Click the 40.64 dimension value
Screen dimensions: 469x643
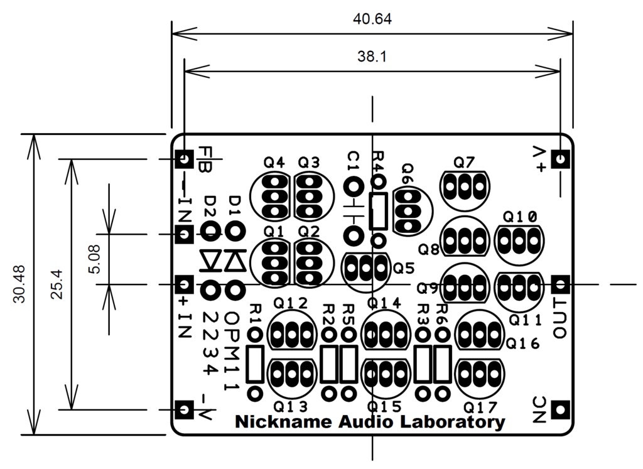point(372,19)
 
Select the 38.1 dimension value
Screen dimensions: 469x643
point(372,57)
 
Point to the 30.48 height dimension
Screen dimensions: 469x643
point(19,284)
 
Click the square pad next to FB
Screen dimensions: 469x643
point(185,159)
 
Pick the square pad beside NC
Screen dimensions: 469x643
point(560,410)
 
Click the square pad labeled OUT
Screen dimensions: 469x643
point(560,284)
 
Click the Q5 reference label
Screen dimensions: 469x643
point(404,269)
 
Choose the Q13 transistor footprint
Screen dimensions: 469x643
point(292,374)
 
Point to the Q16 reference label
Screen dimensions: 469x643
point(522,343)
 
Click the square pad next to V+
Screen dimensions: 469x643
point(560,159)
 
